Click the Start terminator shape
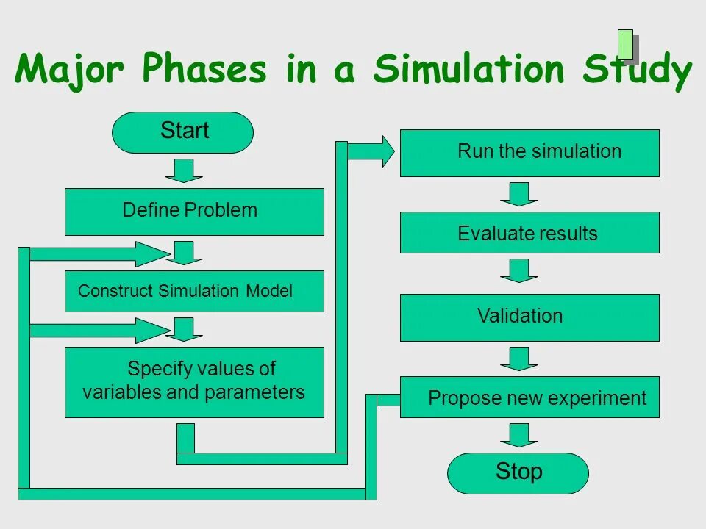click(x=182, y=132)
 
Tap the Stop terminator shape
click(x=518, y=472)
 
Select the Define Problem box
click(x=194, y=212)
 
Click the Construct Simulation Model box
click(x=194, y=291)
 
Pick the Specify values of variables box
click(x=194, y=382)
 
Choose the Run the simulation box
click(x=529, y=153)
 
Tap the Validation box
click(x=529, y=317)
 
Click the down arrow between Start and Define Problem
click(x=183, y=170)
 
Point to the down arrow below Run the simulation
click(x=519, y=194)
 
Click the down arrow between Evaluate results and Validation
click(x=519, y=270)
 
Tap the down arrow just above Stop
click(x=519, y=434)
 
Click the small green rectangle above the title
click(x=626, y=44)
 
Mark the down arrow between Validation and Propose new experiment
click(x=519, y=359)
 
